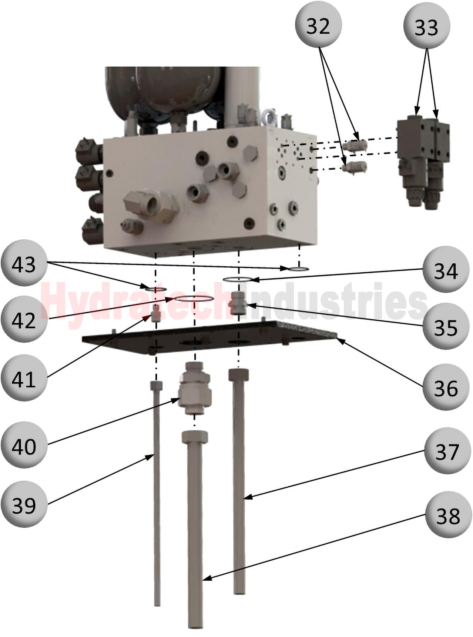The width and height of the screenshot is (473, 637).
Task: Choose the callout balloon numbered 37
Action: pos(447,451)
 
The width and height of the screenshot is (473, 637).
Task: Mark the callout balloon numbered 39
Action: pos(24,504)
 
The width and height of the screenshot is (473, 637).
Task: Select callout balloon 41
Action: pos(24,378)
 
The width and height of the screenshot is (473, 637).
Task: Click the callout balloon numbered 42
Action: pos(24,319)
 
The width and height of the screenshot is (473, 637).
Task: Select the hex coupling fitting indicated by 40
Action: pos(195,389)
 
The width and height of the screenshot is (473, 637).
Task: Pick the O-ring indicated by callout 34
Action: pos(238,279)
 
